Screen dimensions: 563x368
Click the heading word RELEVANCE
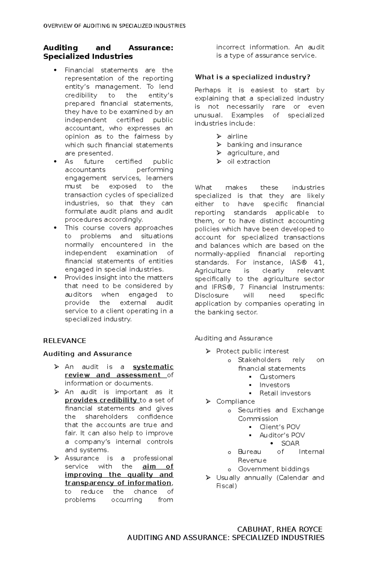(64, 341)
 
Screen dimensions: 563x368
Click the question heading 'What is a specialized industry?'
(252, 77)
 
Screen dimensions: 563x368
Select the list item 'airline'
(237, 136)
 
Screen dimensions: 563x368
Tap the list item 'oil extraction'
(248, 161)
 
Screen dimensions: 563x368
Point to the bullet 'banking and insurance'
(264, 145)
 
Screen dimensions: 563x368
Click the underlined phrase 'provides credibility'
(101, 400)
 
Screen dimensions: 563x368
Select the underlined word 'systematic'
(153, 367)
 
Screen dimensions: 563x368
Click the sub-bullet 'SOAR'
(290, 443)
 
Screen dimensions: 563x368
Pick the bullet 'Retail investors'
(285, 393)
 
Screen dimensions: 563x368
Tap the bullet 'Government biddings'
(274, 469)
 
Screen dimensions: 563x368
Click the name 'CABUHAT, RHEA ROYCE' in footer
(280, 529)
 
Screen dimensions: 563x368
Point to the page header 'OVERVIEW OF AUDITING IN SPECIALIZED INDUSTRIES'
(114, 26)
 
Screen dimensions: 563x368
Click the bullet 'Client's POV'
(280, 427)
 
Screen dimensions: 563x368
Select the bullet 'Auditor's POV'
(282, 435)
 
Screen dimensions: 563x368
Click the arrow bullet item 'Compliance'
(235, 401)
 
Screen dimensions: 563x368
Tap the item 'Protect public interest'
(252, 351)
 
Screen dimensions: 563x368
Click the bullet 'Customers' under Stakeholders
(277, 376)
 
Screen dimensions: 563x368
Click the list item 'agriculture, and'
(253, 153)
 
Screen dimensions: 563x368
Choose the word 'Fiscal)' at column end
(227, 486)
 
